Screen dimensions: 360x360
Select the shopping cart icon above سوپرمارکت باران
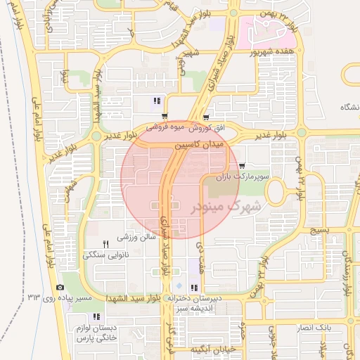pyautogui.click(x=242, y=166)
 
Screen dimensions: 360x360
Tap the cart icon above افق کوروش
pyautogui.click(x=205, y=117)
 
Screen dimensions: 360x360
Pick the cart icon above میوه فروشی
pyautogui.click(x=165, y=117)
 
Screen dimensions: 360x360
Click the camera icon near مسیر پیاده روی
pyautogui.click(x=60, y=288)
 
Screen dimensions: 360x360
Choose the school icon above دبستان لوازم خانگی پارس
pyautogui.click(x=96, y=317)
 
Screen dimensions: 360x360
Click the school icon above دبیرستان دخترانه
pyautogui.click(x=193, y=288)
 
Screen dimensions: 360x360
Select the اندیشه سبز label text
pyautogui.click(x=195, y=308)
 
